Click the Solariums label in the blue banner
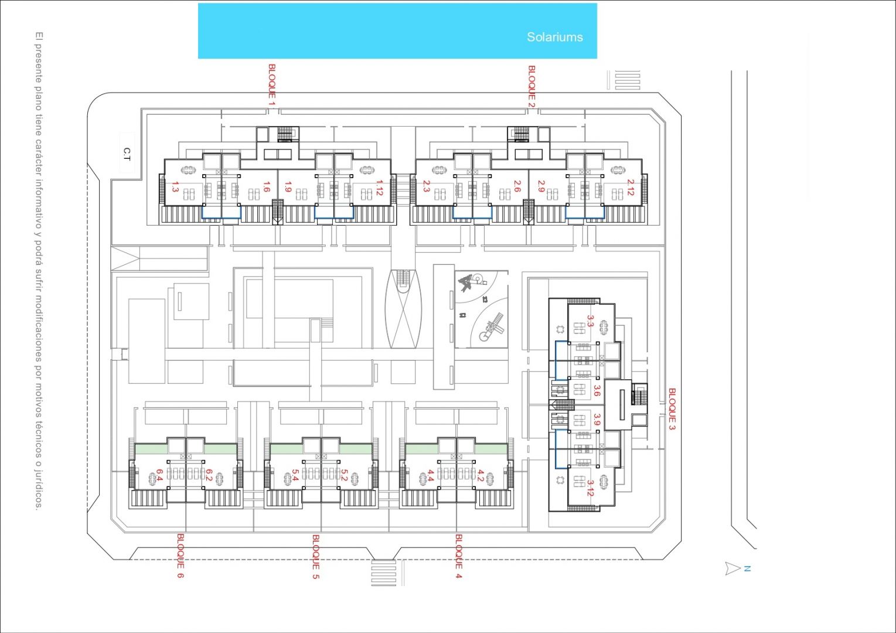554,37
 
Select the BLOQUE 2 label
532,86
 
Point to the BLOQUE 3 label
672,409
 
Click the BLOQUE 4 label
458,556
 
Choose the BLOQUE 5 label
316,556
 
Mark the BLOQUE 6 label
180,556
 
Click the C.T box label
127,154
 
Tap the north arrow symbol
733,568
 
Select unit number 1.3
175,187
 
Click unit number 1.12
379,188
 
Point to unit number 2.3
426,186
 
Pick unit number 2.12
630,188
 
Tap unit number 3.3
590,321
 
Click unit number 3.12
590,488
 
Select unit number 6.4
158,475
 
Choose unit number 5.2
345,475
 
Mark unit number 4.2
481,475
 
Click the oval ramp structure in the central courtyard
403,309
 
